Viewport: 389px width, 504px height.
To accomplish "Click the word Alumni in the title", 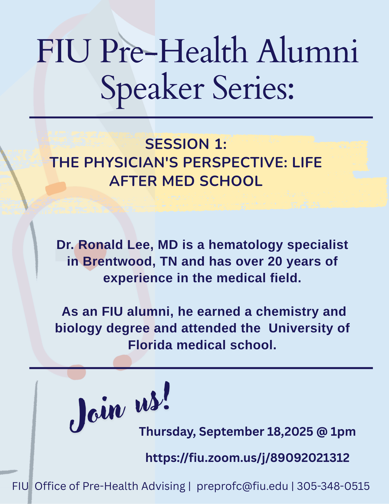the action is pos(308,51).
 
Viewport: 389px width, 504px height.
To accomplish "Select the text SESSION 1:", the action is pos(186,144).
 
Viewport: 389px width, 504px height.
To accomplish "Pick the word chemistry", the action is pos(287,312).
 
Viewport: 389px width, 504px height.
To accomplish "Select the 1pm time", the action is pos(343,432).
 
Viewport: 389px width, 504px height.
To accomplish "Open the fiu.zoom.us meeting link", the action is pos(247,458).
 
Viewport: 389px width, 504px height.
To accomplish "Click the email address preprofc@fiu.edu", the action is pos(242,486).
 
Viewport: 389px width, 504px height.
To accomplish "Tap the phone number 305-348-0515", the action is pos(333,486).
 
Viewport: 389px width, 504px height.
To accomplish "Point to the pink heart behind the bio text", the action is pos(90,258).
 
